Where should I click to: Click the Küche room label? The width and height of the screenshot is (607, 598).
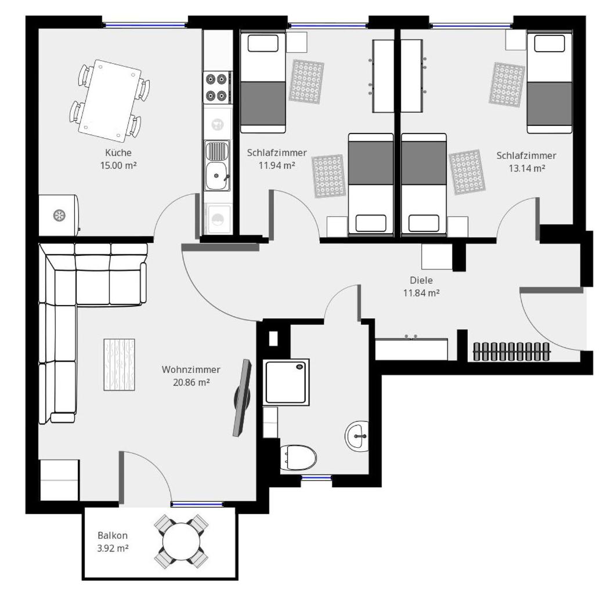click(118, 153)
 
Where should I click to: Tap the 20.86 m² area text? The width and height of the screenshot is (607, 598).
click(192, 383)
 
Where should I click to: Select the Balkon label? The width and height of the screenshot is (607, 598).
click(113, 535)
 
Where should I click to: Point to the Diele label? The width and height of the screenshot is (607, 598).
click(421, 280)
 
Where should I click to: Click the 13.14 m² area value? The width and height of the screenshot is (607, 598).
click(527, 168)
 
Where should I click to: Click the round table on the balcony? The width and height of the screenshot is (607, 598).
click(181, 542)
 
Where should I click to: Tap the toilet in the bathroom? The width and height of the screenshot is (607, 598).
click(298, 457)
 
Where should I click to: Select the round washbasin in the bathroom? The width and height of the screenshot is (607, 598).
click(357, 436)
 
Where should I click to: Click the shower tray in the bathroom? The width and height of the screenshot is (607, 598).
click(286, 382)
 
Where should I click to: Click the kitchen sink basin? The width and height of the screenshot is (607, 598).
click(217, 176)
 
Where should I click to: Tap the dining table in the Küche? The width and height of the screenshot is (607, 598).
click(110, 100)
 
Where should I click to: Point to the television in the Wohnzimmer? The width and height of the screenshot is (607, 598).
click(242, 397)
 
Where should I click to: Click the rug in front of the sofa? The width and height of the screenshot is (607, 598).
click(119, 365)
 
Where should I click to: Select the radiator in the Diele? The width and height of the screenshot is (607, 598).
click(511, 351)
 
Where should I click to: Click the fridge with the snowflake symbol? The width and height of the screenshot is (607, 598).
click(59, 215)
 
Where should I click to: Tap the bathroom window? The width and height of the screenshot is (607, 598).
click(317, 478)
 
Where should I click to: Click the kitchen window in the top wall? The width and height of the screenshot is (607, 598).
click(145, 25)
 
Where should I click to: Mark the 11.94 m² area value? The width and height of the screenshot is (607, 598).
click(277, 165)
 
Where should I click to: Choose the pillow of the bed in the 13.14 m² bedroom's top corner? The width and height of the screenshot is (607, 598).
click(550, 43)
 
